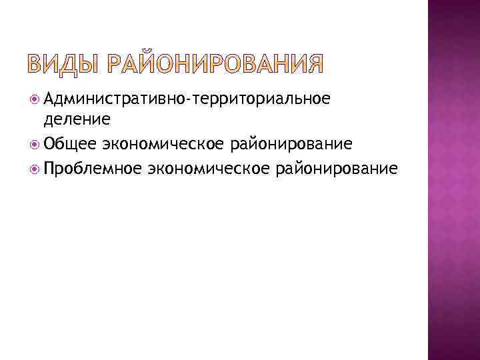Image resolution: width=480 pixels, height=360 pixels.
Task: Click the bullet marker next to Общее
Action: [x=35, y=144]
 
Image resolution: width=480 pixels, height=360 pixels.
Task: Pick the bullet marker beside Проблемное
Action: [x=35, y=167]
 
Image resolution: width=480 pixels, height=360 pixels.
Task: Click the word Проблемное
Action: [x=93, y=167]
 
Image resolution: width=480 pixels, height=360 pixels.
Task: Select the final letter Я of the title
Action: [x=314, y=64]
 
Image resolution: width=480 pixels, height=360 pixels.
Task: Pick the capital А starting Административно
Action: [x=50, y=99]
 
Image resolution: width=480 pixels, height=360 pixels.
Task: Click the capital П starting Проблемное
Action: [x=50, y=167]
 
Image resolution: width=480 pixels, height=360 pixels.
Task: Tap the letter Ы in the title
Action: [x=95, y=64]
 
